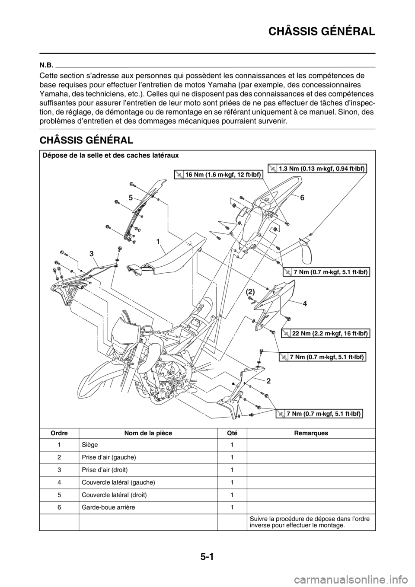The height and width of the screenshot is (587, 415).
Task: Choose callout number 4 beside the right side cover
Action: click(x=305, y=304)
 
